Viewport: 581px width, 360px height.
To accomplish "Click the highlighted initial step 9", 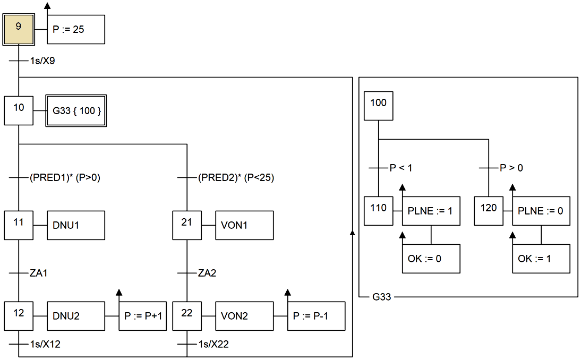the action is tap(19, 30).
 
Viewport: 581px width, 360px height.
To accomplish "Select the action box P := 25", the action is tap(76, 30).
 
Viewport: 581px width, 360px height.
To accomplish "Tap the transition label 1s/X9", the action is tap(42, 61).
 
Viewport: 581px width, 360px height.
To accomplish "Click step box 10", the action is tap(19, 110).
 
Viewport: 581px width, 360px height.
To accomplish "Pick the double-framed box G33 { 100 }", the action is tap(76, 111).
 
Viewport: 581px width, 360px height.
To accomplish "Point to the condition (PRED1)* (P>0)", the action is tap(65, 178).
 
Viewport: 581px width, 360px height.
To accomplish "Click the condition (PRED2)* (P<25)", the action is tap(236, 178).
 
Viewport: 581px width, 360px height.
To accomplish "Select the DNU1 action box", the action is tap(76, 225).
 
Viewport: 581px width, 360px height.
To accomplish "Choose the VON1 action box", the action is tap(244, 225).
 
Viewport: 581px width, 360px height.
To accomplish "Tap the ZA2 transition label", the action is tap(207, 273).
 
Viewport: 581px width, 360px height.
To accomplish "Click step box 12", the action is tap(19, 316).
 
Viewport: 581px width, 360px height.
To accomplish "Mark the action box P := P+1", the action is tap(143, 316).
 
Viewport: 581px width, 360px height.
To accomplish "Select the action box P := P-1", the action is tap(317, 316).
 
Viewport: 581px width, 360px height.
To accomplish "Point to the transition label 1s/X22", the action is tap(213, 345).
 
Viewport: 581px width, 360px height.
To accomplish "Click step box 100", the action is tap(378, 106).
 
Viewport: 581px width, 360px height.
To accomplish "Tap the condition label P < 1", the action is tap(401, 168).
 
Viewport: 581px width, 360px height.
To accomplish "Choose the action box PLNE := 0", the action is tap(541, 211).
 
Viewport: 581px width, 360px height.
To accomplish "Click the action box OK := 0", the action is tap(431, 259).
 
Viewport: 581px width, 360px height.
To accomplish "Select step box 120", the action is tap(489, 211).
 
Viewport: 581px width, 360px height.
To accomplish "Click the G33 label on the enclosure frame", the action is tap(382, 297).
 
